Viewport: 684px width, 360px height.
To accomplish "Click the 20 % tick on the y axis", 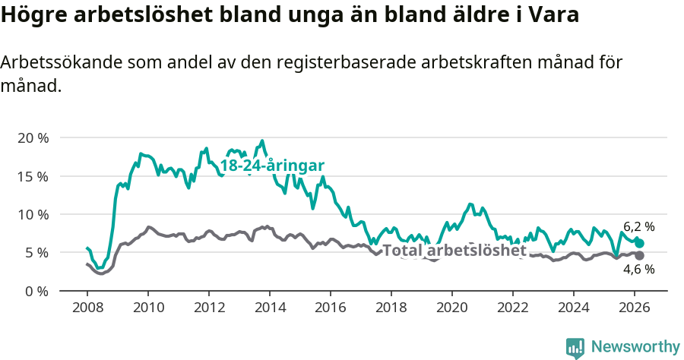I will (32, 138).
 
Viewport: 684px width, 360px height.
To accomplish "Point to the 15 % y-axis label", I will (32, 176).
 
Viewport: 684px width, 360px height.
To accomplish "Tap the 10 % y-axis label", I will (32, 214).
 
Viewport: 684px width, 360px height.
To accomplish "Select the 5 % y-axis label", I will (36, 252).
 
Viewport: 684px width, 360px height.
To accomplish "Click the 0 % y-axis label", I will (36, 291).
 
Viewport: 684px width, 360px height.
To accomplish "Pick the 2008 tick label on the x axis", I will (87, 308).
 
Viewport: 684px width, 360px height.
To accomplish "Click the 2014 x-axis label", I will (269, 308).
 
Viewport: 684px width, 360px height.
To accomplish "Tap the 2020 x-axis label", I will (451, 308).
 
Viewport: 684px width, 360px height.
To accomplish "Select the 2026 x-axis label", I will (634, 308).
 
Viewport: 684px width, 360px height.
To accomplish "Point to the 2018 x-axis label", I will (391, 308).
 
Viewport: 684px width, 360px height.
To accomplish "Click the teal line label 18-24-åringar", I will (272, 166).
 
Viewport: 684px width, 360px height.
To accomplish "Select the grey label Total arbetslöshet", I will (454, 251).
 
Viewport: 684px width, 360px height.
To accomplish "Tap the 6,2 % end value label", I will (638, 226).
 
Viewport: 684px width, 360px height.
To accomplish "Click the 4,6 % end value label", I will (638, 269).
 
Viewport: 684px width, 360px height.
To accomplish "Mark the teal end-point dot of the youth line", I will (639, 243).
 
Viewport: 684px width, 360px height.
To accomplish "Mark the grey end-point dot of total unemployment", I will (639, 255).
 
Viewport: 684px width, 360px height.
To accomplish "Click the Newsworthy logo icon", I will (575, 347).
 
